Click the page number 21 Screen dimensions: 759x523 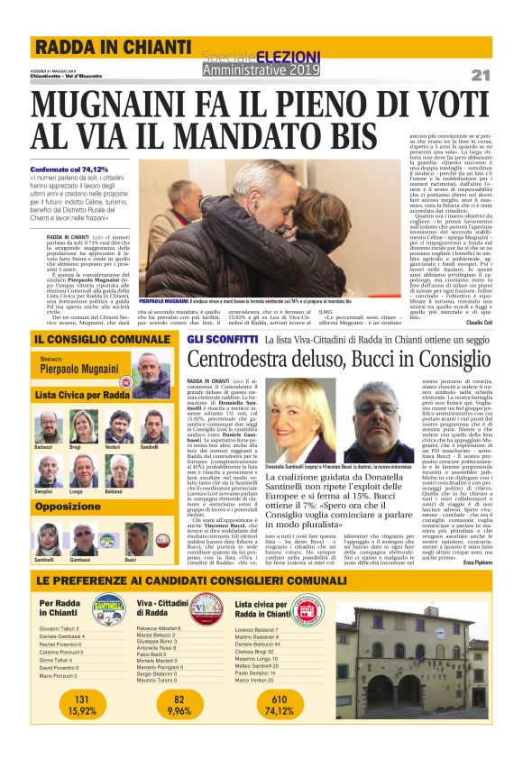[x=480, y=75]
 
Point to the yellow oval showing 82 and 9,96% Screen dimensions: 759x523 [x=179, y=704]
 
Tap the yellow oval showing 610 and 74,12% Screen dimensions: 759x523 [x=280, y=704]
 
